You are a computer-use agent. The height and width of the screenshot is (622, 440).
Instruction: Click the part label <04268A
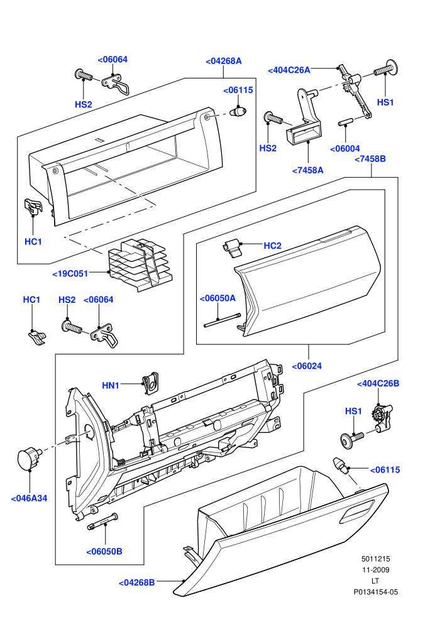(223, 61)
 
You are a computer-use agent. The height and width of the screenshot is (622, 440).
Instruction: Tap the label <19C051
(70, 274)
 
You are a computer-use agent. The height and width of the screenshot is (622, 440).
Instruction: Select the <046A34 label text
(29, 498)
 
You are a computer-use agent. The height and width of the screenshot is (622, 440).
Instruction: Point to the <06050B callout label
(104, 552)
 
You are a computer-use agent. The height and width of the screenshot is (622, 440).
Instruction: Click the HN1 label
(111, 385)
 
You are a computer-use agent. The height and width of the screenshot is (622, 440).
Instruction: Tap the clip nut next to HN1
(150, 383)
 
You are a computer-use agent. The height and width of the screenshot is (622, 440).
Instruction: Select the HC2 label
(273, 246)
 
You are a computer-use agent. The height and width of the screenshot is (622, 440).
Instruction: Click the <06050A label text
(217, 298)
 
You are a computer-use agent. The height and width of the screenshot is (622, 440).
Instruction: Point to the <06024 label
(307, 366)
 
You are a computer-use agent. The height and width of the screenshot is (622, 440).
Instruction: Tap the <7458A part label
(308, 170)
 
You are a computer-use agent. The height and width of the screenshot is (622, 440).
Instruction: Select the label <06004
(345, 149)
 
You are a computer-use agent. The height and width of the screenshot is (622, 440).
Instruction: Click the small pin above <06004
(346, 122)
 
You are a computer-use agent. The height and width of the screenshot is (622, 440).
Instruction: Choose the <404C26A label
(289, 70)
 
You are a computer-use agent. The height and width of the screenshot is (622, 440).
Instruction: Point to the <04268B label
(137, 582)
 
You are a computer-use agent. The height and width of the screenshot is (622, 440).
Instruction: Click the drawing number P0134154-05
(376, 592)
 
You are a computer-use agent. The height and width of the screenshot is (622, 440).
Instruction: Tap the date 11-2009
(376, 570)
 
